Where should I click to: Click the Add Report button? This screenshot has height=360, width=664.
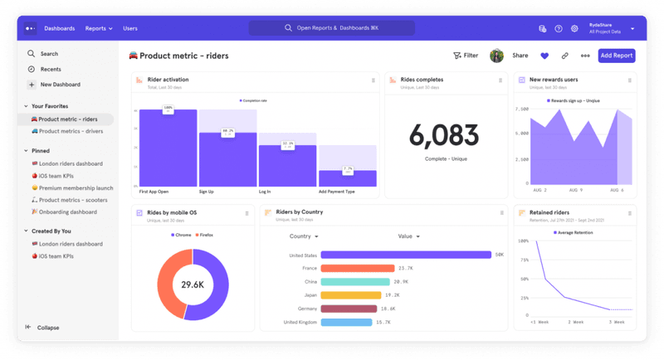[617, 56]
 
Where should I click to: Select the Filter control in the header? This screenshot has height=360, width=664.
[466, 56]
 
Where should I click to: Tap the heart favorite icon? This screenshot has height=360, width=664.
[544, 56]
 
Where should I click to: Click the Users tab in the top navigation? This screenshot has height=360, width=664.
[130, 28]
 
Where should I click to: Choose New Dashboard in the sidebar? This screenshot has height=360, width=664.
[60, 85]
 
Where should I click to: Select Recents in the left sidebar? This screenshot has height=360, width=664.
[50, 69]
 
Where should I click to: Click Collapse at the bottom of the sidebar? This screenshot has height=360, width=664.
[47, 327]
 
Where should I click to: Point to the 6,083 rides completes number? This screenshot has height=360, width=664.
[444, 135]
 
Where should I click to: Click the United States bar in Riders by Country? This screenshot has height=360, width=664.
[406, 255]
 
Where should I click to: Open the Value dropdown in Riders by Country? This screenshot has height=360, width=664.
[408, 236]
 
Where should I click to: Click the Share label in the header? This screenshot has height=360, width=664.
[520, 56]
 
